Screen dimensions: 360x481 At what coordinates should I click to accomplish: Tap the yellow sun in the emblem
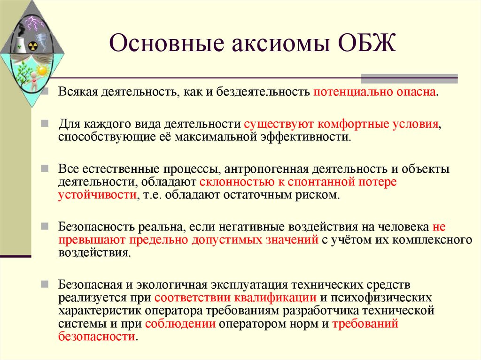click(x=42, y=71)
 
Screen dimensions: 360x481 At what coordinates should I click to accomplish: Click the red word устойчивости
click(x=97, y=194)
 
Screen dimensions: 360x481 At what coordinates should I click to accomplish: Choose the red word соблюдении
click(x=180, y=323)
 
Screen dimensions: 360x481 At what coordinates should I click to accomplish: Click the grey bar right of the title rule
click(x=409, y=78)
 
